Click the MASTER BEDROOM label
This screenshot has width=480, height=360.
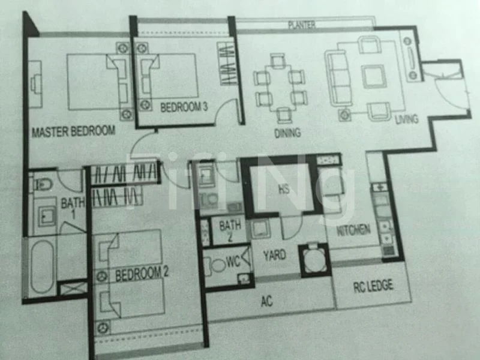click(73, 131)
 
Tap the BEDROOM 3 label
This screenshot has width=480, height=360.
click(184, 107)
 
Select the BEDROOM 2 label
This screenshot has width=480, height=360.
click(142, 274)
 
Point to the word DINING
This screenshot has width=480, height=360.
click(287, 133)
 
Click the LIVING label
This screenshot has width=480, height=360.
click(406, 119)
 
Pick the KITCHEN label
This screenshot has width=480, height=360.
click(353, 229)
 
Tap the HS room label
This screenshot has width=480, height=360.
click(283, 189)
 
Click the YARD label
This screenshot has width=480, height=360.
click(274, 255)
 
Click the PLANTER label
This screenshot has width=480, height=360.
click(301, 25)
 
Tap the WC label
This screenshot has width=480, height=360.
click(234, 263)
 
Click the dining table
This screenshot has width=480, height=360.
click(280, 87)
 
